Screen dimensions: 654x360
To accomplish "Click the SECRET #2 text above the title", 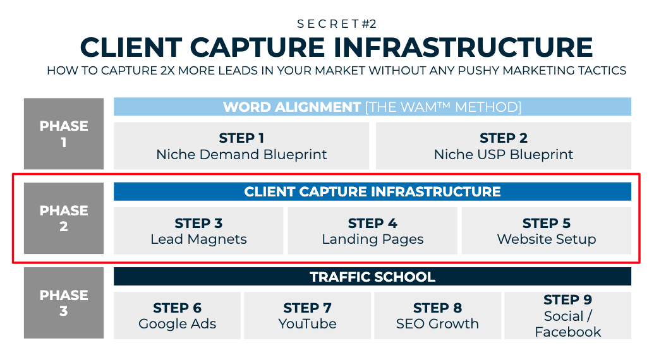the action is coord(337,24).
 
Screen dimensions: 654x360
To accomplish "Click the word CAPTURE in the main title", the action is coord(257,47).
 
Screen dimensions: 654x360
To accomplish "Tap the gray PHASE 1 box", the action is coord(64,134).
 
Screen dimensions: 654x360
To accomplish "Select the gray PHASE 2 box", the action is coord(64,219).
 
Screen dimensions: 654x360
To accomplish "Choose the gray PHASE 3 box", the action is coord(64,303).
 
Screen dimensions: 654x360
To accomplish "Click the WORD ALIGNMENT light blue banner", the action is coord(372,107).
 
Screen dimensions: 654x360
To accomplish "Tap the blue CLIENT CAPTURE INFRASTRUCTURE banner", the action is coord(372,191).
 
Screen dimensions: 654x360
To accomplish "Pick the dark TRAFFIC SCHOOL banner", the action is coord(372,277).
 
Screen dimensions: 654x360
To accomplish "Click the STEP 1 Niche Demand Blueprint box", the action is coord(241,146).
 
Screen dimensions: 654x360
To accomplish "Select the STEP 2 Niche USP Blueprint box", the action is coord(504,146).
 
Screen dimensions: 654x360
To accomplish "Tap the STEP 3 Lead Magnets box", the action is coord(198,231).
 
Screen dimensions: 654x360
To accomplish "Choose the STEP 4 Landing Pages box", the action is coord(372,231).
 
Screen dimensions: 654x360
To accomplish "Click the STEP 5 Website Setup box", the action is coord(547,231).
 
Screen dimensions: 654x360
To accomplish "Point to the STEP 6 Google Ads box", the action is coord(178,315).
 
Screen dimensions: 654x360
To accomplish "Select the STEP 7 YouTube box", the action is coord(307,315).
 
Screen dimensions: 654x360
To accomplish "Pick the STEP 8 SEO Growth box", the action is coord(437,315).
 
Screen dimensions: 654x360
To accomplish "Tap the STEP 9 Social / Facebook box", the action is coord(567,315).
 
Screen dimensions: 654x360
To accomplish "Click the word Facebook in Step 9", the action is coord(567,332).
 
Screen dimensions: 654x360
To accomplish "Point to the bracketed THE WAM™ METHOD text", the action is coord(444,107).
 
